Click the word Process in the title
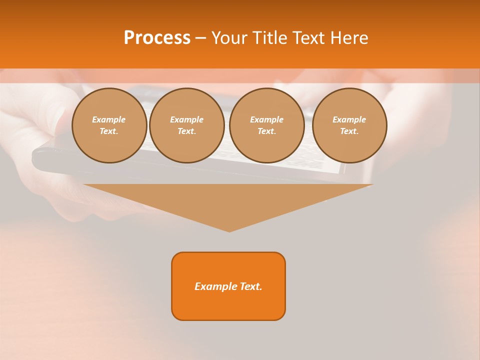tap(157, 38)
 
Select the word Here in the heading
tap(350, 38)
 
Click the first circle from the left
tap(109, 125)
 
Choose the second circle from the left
tap(187, 125)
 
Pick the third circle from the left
tap(267, 125)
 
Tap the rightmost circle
tap(349, 125)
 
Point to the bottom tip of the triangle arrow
tap(229, 231)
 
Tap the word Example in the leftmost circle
tap(109, 119)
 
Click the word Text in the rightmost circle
tap(349, 131)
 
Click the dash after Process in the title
tap(200, 38)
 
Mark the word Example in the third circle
tap(267, 119)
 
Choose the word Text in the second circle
tap(186, 131)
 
